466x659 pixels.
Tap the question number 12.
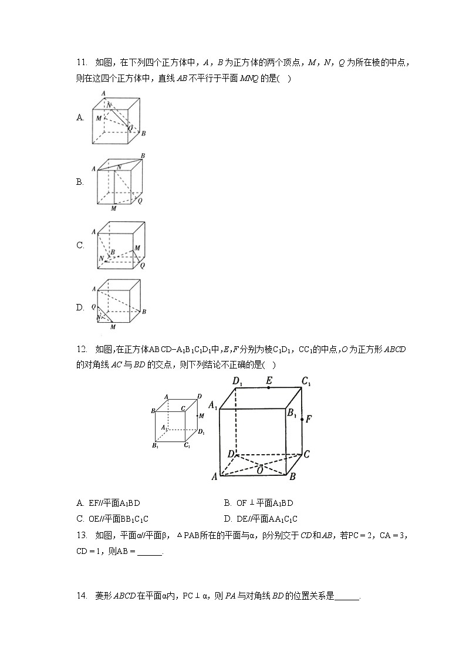(x=82, y=349)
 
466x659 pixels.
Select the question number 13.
(x=82, y=535)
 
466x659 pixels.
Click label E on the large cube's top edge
(x=269, y=381)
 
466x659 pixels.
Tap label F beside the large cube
(x=308, y=419)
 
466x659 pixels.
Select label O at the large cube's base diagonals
(x=260, y=469)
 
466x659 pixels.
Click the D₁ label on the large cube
(x=238, y=383)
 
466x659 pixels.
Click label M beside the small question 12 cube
(x=201, y=415)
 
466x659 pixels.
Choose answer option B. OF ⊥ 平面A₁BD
(x=258, y=503)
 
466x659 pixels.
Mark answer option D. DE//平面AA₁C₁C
(x=261, y=519)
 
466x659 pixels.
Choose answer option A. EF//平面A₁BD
(x=109, y=503)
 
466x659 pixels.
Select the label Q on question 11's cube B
(x=140, y=201)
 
